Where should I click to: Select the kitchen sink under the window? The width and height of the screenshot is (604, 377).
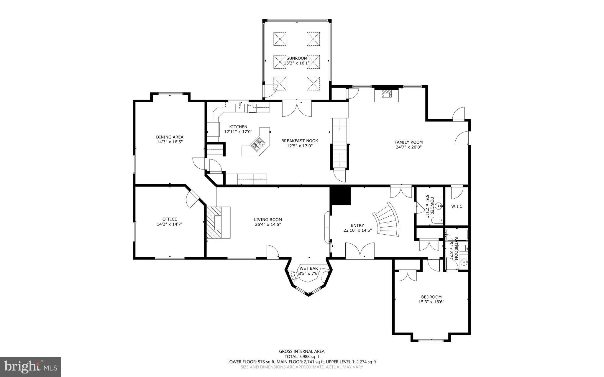[x=240, y=108]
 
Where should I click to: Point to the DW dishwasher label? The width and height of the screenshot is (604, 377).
[x=250, y=105]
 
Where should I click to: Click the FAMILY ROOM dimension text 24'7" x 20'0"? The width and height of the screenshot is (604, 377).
[x=408, y=147]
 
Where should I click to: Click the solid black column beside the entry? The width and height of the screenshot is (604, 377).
[x=340, y=196]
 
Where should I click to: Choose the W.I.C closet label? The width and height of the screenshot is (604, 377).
[x=457, y=206]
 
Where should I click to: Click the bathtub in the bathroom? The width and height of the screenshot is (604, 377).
[x=457, y=235]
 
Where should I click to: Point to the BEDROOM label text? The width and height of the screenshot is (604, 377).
[x=431, y=297]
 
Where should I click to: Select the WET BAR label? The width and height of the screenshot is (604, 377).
[x=309, y=268]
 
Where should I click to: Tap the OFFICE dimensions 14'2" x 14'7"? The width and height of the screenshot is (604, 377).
[x=170, y=224]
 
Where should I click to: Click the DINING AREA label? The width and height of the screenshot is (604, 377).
[x=170, y=137]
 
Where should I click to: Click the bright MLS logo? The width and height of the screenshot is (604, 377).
[x=31, y=367]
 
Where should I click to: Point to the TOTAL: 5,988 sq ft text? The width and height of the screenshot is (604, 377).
[x=302, y=356]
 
